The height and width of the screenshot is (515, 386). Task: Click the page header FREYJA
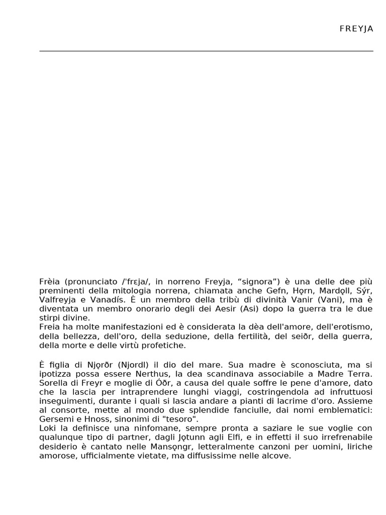356,29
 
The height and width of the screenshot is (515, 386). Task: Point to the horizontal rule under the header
206,51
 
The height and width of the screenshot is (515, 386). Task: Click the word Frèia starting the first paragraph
49,281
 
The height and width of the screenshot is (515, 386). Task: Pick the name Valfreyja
56,300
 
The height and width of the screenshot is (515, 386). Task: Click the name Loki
47,428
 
